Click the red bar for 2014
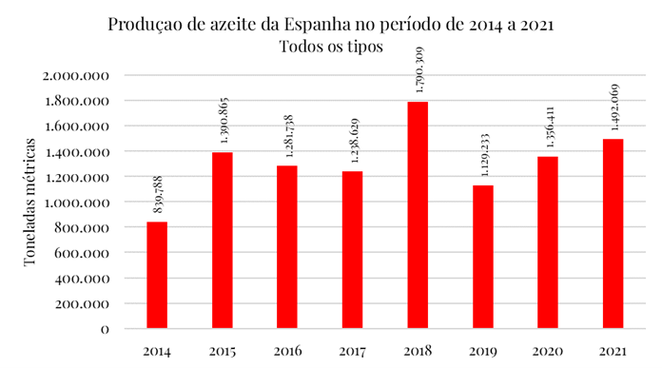[x=157, y=276]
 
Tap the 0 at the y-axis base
[x=105, y=329]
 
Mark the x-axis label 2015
[x=221, y=351]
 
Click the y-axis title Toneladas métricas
[x=30, y=202]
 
